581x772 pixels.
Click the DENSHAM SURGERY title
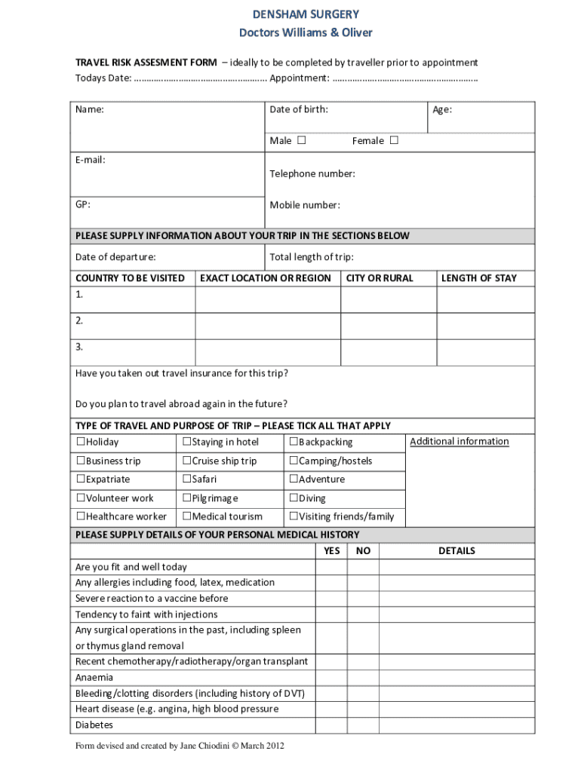pyautogui.click(x=306, y=14)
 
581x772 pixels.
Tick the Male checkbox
pyautogui.click(x=302, y=140)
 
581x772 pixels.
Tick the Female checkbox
pyautogui.click(x=394, y=140)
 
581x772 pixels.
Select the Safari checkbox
pyautogui.click(x=186, y=479)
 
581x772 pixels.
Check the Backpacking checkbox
pyautogui.click(x=294, y=442)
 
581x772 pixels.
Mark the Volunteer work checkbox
pyautogui.click(x=80, y=498)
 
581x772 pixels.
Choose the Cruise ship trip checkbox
pyautogui.click(x=186, y=461)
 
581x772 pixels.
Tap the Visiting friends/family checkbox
pyautogui.click(x=294, y=517)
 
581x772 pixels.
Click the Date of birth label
pyautogui.click(x=299, y=110)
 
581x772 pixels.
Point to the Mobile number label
pyautogui.click(x=305, y=205)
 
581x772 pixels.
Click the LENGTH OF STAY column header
pyautogui.click(x=478, y=278)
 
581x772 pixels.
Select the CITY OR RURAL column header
pyautogui.click(x=380, y=278)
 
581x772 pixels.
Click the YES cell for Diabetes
pyautogui.click(x=331, y=725)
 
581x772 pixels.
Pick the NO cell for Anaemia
pyautogui.click(x=363, y=677)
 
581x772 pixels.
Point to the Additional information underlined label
pyautogui.click(x=459, y=442)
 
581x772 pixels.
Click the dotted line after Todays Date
pyautogui.click(x=200, y=78)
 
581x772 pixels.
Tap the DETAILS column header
pyautogui.click(x=456, y=551)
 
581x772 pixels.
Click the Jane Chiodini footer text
pyautogui.click(x=180, y=746)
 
